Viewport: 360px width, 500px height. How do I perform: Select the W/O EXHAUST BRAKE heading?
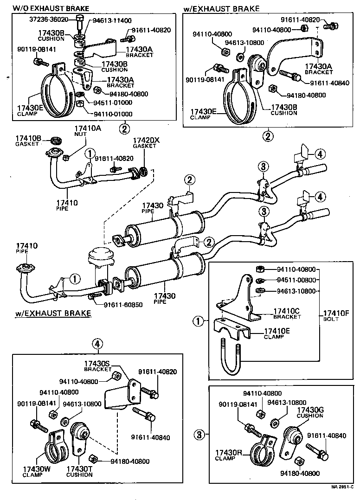(51, 8)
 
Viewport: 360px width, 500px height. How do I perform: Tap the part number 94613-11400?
(112, 20)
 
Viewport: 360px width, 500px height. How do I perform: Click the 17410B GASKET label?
(28, 141)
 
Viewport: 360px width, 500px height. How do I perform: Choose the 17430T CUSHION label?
(79, 471)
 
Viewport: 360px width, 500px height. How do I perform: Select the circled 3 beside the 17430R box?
(199, 435)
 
